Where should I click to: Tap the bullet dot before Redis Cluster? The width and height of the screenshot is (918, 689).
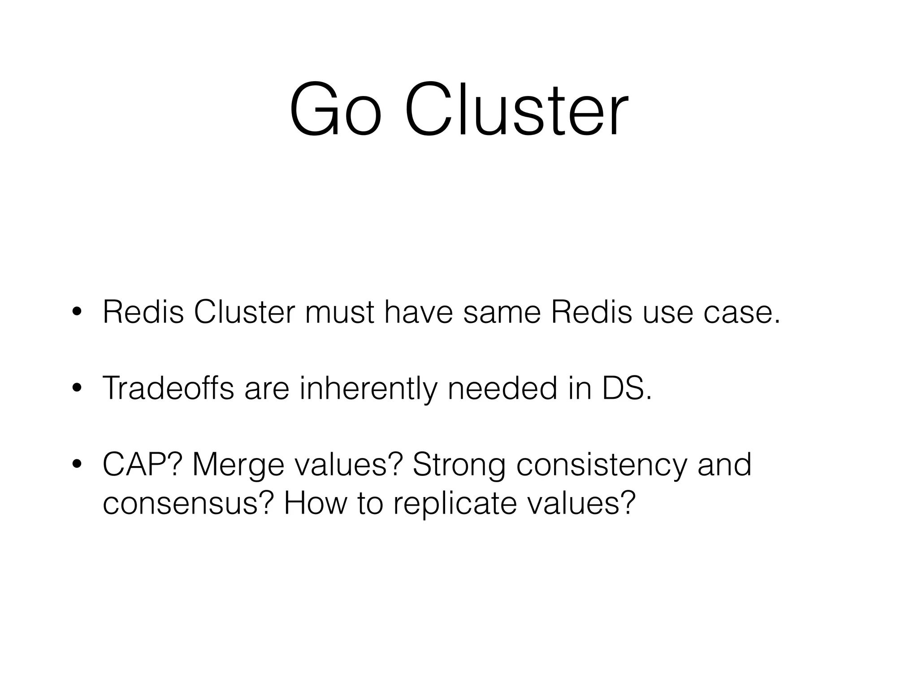tap(77, 313)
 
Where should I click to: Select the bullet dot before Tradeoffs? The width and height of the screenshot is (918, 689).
tap(77, 388)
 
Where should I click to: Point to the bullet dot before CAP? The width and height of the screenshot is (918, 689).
tap(77, 465)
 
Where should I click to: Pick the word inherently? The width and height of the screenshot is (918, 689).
tap(368, 388)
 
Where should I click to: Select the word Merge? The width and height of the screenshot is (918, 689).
tap(238, 465)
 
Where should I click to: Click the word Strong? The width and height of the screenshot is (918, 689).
tap(459, 465)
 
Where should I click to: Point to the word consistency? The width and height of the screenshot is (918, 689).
tap(601, 465)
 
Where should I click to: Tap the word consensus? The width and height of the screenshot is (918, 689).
tap(188, 503)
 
